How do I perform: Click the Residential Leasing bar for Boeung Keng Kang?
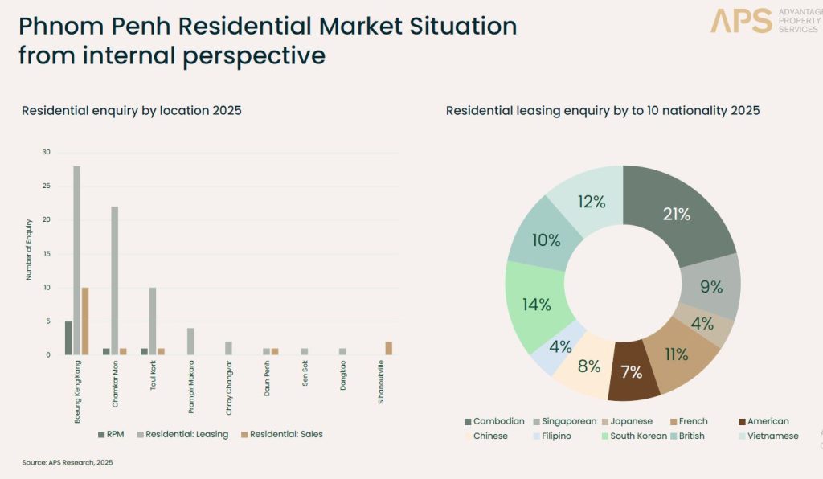pyautogui.click(x=76, y=260)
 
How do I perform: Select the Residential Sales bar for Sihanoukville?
pyautogui.click(x=388, y=348)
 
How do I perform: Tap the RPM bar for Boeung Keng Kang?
pyautogui.click(x=68, y=338)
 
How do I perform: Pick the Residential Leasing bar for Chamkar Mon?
pyautogui.click(x=114, y=280)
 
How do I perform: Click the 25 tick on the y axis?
pyautogui.click(x=46, y=186)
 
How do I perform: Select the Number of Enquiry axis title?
pyautogui.click(x=28, y=249)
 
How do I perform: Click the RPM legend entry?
pyautogui.click(x=110, y=434)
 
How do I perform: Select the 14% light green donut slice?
pyautogui.click(x=536, y=305)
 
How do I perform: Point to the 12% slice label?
pyautogui.click(x=591, y=203)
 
